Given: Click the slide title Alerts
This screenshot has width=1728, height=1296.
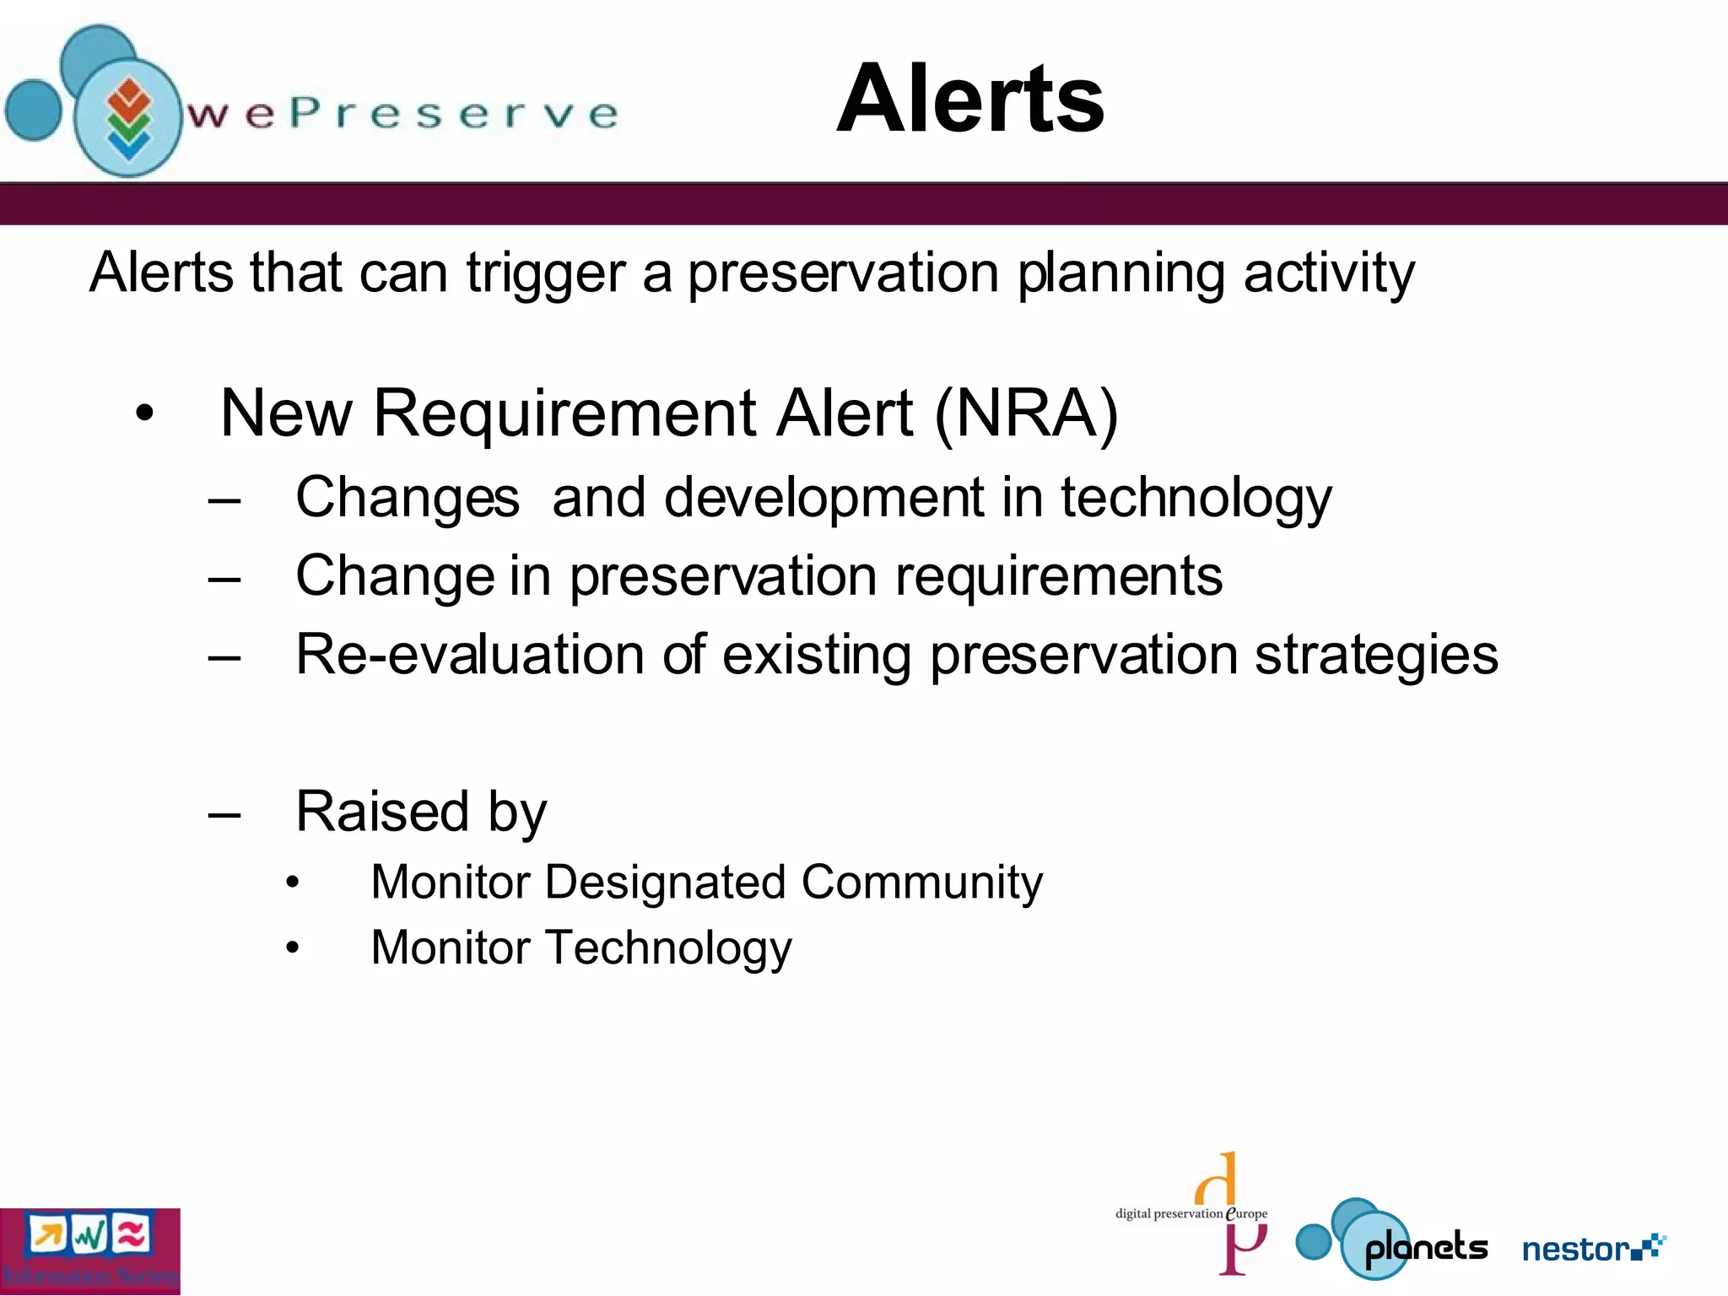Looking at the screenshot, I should point(969,99).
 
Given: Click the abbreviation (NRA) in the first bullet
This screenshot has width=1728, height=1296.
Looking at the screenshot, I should point(1026,413).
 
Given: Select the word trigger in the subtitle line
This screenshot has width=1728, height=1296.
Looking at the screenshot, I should point(545,273).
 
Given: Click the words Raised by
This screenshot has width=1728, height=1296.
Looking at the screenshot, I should point(421,812).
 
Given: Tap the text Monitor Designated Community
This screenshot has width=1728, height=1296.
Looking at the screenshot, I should point(706,883).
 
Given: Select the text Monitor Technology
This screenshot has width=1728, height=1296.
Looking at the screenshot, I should point(581,948).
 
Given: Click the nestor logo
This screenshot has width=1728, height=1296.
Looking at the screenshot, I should point(1593,1248).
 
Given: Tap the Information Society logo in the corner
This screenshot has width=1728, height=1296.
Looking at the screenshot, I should point(89,1251).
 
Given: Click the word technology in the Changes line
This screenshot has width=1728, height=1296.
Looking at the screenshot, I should point(1196,498).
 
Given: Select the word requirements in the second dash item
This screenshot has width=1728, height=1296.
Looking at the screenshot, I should point(1058,576).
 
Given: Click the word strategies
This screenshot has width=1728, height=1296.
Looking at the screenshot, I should point(1375,655).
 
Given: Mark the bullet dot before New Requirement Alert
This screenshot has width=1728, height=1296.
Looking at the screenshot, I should point(145,414).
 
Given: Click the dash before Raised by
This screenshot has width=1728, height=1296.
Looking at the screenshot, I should point(224,814).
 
